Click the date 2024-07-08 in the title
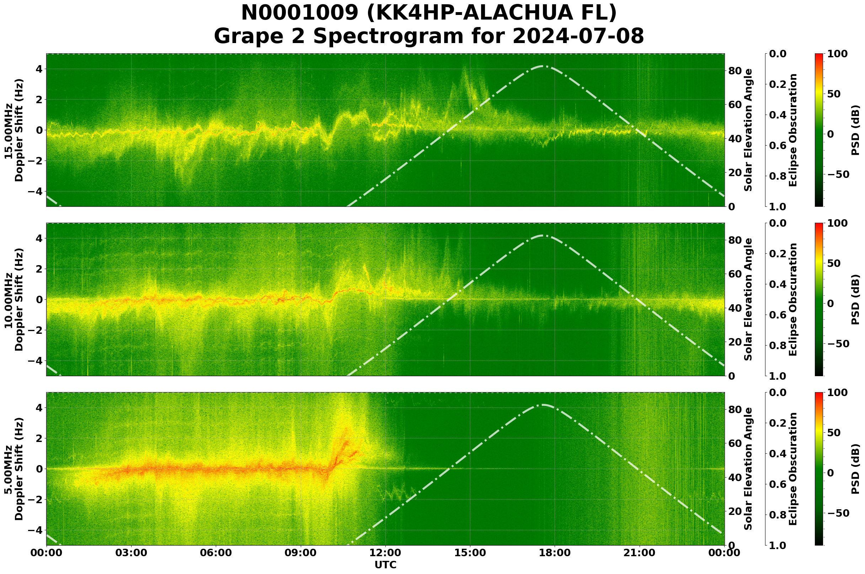coord(578,36)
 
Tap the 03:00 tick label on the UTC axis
coord(131,553)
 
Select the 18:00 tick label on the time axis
coord(555,553)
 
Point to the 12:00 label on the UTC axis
coord(385,553)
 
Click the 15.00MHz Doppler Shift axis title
coord(14,130)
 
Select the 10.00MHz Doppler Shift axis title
coord(14,299)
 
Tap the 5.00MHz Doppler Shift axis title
coord(14,469)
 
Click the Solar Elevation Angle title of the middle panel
coord(748,299)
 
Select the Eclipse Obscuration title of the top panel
coord(792,130)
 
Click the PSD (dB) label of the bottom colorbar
coord(855,469)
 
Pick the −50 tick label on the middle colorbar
coord(838,344)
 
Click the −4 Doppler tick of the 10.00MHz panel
coord(36,360)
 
